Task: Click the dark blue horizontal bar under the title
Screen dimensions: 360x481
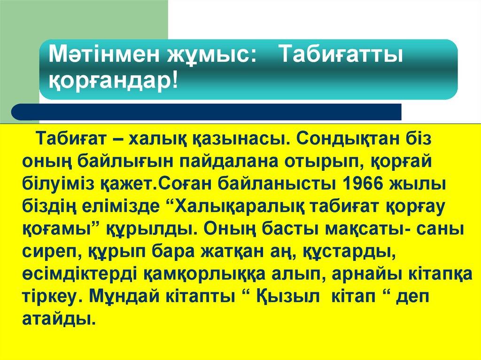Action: pyautogui.click(x=207, y=112)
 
